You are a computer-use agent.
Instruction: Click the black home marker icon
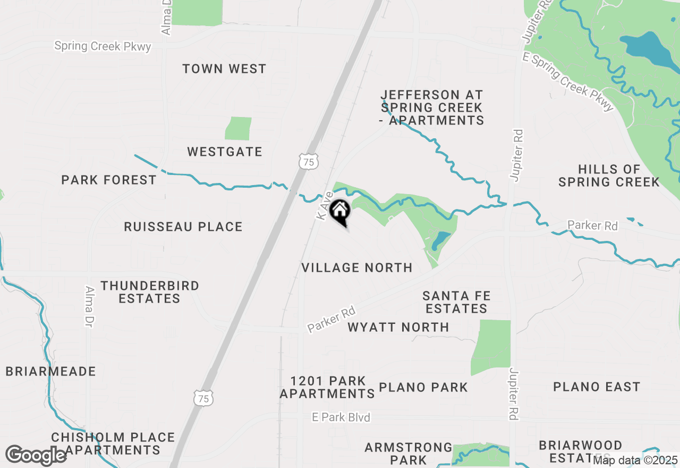339,211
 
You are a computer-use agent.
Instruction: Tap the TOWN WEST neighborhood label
224,69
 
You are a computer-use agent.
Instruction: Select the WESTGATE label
225,152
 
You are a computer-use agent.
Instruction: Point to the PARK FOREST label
109,180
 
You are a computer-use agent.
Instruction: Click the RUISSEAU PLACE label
183,227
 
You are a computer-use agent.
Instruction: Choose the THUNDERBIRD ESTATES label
150,292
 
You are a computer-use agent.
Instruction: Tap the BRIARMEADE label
51,371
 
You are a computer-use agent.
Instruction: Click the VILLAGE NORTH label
357,268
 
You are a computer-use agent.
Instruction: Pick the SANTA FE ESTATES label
456,302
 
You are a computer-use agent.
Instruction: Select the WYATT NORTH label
398,327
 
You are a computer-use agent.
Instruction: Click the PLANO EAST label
597,387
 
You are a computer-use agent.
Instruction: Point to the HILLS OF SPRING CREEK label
609,175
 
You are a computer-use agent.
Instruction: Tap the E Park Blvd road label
341,417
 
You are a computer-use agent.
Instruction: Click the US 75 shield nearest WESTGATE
309,162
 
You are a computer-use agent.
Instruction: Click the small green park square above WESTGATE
238,129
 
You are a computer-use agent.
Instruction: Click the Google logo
36,456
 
